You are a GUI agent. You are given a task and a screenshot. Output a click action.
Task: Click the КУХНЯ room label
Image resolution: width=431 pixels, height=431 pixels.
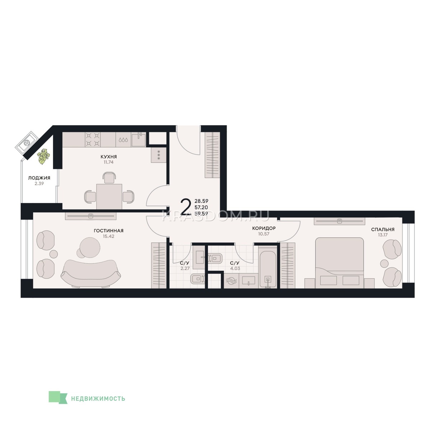(x=108, y=157)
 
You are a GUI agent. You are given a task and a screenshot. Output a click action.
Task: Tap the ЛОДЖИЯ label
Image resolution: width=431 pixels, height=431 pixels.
(x=39, y=178)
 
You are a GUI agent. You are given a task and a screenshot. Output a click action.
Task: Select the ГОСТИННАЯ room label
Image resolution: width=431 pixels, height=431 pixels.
(x=108, y=231)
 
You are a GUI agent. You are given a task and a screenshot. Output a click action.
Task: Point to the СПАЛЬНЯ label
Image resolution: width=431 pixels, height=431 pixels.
(x=383, y=230)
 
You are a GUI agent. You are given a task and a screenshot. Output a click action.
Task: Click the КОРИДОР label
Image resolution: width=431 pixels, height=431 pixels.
(x=264, y=228)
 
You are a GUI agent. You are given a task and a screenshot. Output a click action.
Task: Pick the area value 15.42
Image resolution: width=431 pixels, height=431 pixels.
(x=108, y=236)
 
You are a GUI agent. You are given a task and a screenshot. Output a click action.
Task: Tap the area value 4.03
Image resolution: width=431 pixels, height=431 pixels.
(x=235, y=268)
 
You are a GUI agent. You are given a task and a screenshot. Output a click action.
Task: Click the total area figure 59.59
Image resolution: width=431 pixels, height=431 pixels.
(x=201, y=214)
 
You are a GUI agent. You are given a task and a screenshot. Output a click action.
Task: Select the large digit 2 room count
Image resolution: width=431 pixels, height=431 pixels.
(x=186, y=207)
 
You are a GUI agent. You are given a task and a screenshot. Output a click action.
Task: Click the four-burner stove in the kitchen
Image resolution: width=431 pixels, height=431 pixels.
(x=93, y=140)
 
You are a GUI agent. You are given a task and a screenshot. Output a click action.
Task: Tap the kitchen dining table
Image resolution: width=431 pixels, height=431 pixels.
(x=109, y=196)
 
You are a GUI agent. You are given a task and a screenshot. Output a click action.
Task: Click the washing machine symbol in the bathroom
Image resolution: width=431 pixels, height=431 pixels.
(x=232, y=282)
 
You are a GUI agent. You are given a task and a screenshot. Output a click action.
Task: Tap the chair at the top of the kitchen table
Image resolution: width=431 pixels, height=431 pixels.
(x=109, y=178)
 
